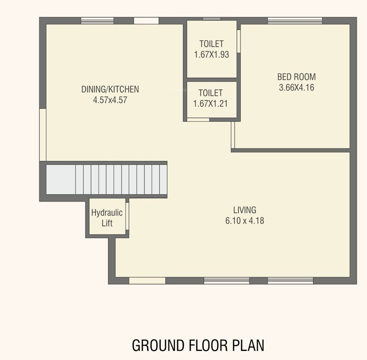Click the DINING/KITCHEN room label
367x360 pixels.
point(110,89)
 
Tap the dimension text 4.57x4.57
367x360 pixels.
point(110,99)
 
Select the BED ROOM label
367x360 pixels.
point(296,77)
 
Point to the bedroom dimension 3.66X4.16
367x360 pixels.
point(296,87)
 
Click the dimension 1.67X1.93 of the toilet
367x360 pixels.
point(211,54)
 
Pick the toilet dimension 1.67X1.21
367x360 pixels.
point(210,104)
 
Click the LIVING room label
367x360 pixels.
point(245,210)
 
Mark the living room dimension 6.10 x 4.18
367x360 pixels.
point(245,220)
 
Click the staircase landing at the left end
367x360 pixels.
point(61,180)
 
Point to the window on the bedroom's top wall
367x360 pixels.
point(295,21)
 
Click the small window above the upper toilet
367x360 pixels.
point(211,19)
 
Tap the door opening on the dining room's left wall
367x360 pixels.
point(42,135)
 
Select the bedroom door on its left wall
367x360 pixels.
point(233,135)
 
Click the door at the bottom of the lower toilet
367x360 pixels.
point(198,120)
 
